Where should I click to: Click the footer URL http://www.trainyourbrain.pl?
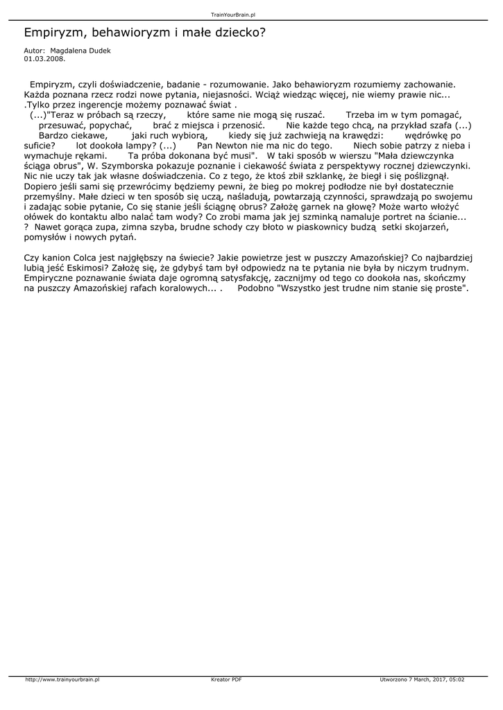click(x=62, y=680)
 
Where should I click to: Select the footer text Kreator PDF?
click(x=226, y=680)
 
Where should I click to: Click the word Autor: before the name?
click(x=34, y=51)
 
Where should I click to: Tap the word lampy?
click(x=136, y=146)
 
